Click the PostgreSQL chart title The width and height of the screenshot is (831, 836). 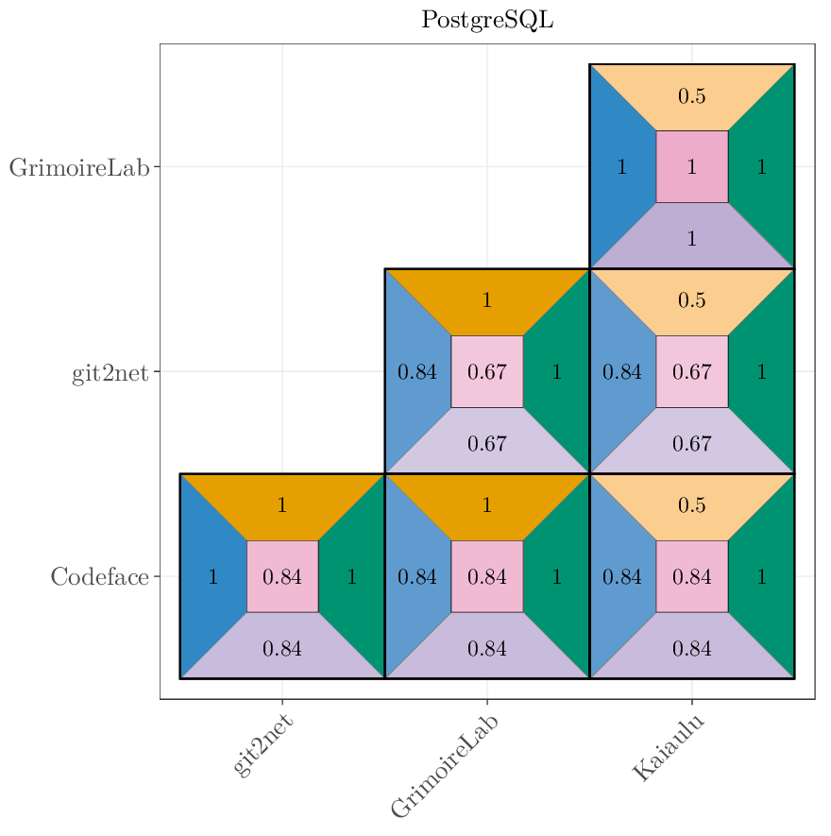(486, 20)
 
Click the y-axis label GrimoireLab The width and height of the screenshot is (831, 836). (79, 168)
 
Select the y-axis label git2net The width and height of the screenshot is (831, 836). (110, 373)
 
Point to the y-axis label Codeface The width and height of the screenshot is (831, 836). (99, 577)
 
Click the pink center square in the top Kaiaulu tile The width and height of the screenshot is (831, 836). (691, 167)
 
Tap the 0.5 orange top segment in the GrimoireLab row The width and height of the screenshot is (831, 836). (691, 96)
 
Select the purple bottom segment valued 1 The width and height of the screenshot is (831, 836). (691, 239)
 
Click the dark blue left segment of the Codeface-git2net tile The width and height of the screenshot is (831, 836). (212, 576)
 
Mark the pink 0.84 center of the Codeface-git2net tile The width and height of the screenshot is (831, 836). (282, 576)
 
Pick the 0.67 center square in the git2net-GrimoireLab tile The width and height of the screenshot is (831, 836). (487, 371)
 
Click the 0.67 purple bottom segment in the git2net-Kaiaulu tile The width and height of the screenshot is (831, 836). (691, 443)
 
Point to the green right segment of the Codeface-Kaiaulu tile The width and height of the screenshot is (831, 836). (762, 576)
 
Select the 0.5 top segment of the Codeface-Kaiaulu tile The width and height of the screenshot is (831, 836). (691, 505)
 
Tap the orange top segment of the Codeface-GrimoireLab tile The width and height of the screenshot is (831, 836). (487, 505)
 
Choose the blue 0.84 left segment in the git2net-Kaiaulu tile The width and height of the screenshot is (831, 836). (622, 371)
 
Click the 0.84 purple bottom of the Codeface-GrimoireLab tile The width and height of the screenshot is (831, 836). (487, 648)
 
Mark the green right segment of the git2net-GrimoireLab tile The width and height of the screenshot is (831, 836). (557, 371)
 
